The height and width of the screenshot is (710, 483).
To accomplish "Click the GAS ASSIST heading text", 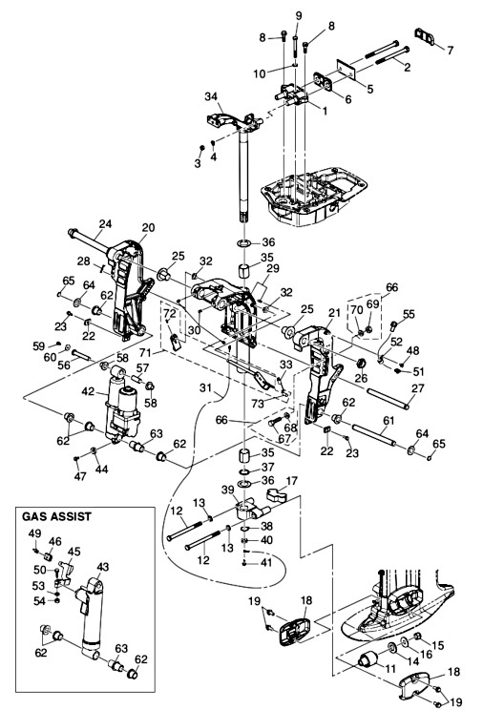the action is tap(56, 516).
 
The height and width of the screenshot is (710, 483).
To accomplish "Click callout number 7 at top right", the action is tap(450, 50).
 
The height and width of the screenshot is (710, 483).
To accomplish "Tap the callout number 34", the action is tap(211, 96).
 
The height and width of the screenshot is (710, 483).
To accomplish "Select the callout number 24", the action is tap(106, 223).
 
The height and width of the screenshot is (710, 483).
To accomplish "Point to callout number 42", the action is tap(88, 390).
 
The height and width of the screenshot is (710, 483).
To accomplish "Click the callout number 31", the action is tap(206, 388).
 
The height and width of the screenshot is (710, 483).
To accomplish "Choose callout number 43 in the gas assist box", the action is tap(103, 567).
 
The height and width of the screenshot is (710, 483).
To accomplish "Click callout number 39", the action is tap(227, 490).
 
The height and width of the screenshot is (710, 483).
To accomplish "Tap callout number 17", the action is tap(291, 480).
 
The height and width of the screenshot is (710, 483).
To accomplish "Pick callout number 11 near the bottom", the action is tap(390, 669).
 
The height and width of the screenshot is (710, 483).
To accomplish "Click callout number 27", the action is tap(417, 388).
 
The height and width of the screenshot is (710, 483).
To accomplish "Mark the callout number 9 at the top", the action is tap(299, 16).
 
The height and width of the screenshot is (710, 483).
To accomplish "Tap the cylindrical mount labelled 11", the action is tap(367, 659).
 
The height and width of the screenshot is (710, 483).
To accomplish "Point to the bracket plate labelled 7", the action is tap(424, 36).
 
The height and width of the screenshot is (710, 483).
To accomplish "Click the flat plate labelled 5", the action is tap(346, 67).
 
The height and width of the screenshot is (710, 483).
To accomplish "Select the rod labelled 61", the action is tap(374, 435).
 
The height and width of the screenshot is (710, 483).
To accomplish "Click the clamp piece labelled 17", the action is tap(275, 494).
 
